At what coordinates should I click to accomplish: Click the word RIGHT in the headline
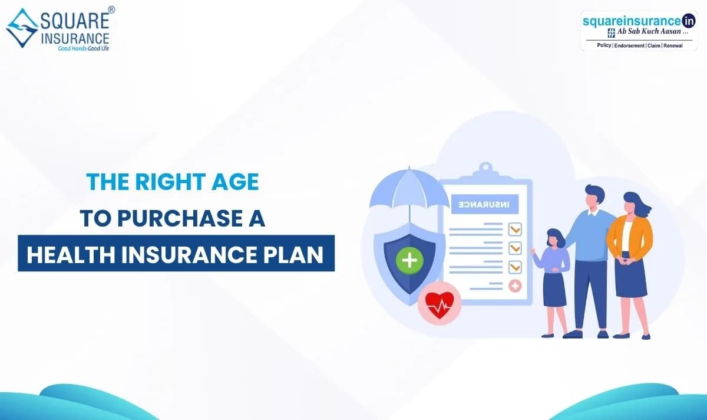point(171,182)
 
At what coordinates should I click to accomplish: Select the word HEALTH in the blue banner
point(71,255)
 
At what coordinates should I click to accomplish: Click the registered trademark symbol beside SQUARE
point(111,10)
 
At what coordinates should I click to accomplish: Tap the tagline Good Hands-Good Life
point(83,48)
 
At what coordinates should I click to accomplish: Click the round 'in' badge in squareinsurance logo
point(688,21)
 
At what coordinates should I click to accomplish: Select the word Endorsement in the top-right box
point(629,46)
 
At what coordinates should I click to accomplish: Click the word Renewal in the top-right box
point(673,46)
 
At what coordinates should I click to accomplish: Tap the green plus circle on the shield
point(409,260)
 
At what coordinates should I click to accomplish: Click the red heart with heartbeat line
point(440,304)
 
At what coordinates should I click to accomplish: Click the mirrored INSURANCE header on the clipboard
point(485,204)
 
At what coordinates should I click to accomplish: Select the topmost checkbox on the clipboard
point(515,229)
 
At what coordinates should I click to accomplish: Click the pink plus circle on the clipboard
point(515,286)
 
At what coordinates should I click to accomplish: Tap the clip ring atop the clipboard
point(486,167)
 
